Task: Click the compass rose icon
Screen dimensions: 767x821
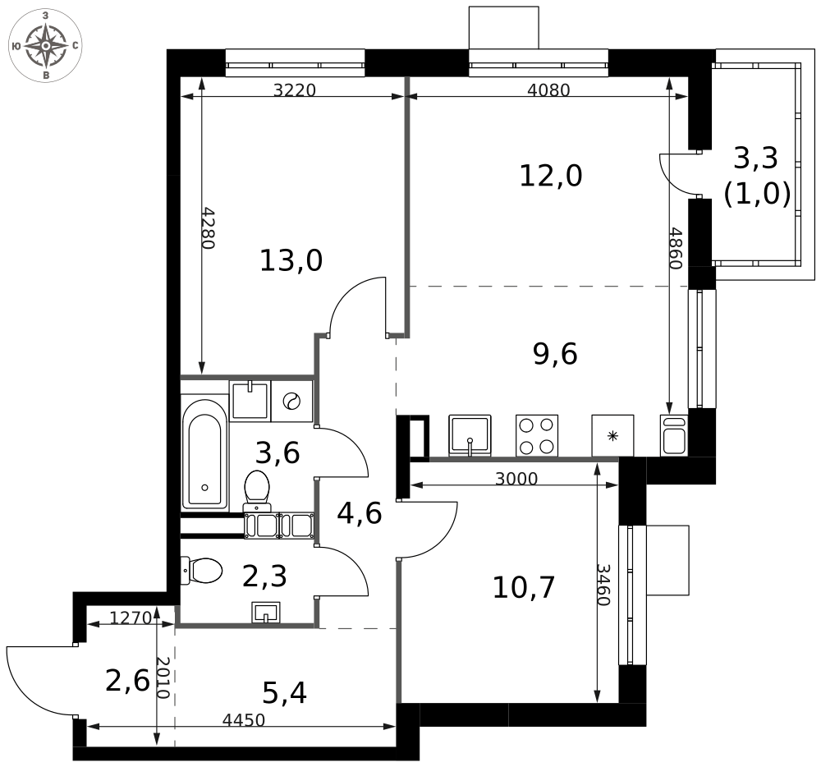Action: click(45, 45)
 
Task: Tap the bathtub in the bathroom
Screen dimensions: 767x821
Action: click(204, 453)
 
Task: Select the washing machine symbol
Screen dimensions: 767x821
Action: click(291, 402)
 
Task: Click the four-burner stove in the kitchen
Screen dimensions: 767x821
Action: click(536, 435)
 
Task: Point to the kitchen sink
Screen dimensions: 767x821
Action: click(470, 434)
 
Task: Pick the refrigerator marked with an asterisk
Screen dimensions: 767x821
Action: click(612, 435)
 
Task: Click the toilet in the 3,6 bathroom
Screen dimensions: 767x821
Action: click(258, 491)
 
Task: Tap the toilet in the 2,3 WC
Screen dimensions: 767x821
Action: click(204, 570)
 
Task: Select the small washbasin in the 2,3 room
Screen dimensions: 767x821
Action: click(266, 613)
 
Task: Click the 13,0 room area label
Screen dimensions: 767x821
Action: click(291, 261)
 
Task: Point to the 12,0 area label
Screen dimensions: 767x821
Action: click(550, 176)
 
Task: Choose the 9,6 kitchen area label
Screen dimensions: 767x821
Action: click(555, 354)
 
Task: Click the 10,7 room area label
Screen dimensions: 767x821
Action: click(524, 587)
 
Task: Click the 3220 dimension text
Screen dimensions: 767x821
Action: click(294, 90)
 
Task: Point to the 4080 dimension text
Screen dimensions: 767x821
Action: click(548, 90)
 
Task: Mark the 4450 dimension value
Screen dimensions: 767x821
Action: click(244, 721)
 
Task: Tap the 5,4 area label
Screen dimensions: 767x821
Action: click(284, 694)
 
